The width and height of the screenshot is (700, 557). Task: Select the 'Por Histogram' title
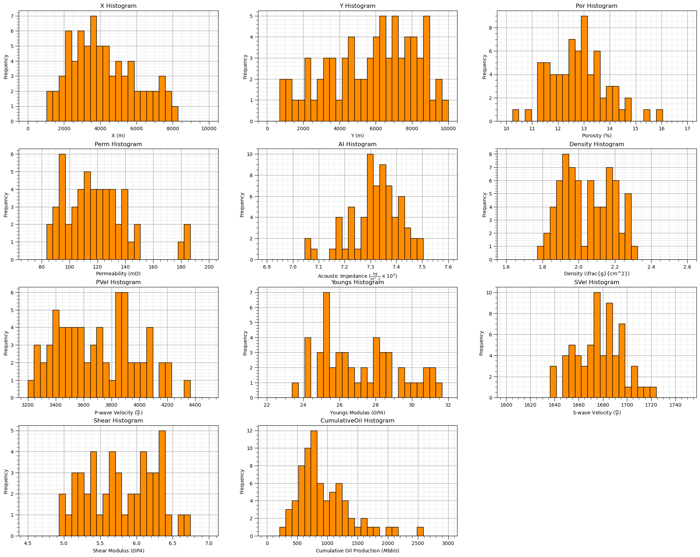point(597,6)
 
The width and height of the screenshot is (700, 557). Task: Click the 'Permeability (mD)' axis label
point(118,274)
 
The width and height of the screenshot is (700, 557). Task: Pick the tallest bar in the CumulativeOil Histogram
point(314,483)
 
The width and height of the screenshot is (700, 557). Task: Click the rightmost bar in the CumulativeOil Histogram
point(420,532)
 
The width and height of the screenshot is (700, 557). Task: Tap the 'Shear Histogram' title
point(118,421)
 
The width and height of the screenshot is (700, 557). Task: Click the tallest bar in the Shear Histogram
point(162,483)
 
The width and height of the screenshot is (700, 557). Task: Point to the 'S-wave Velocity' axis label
point(597,412)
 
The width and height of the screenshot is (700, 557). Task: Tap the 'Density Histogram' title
point(597,144)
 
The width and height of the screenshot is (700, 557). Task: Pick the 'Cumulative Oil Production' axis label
point(358,551)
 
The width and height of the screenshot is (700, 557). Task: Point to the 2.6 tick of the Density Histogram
point(687,266)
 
